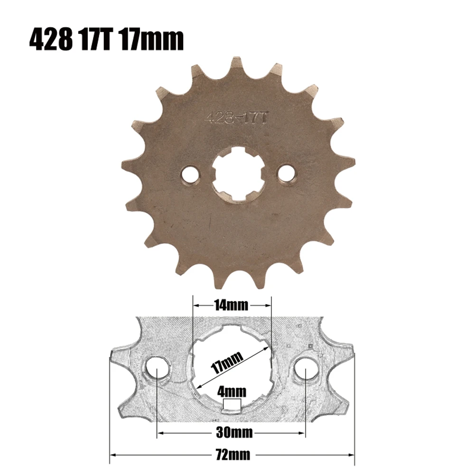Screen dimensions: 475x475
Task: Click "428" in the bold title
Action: (51, 40)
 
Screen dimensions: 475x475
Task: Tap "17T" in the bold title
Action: (96, 40)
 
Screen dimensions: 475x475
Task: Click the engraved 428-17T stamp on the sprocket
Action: (236, 118)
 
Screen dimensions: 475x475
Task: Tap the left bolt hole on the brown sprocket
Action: (191, 174)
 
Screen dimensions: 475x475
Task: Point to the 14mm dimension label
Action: (232, 305)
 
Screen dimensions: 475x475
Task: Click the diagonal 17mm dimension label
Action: (227, 363)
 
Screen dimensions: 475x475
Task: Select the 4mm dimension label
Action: (232, 391)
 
